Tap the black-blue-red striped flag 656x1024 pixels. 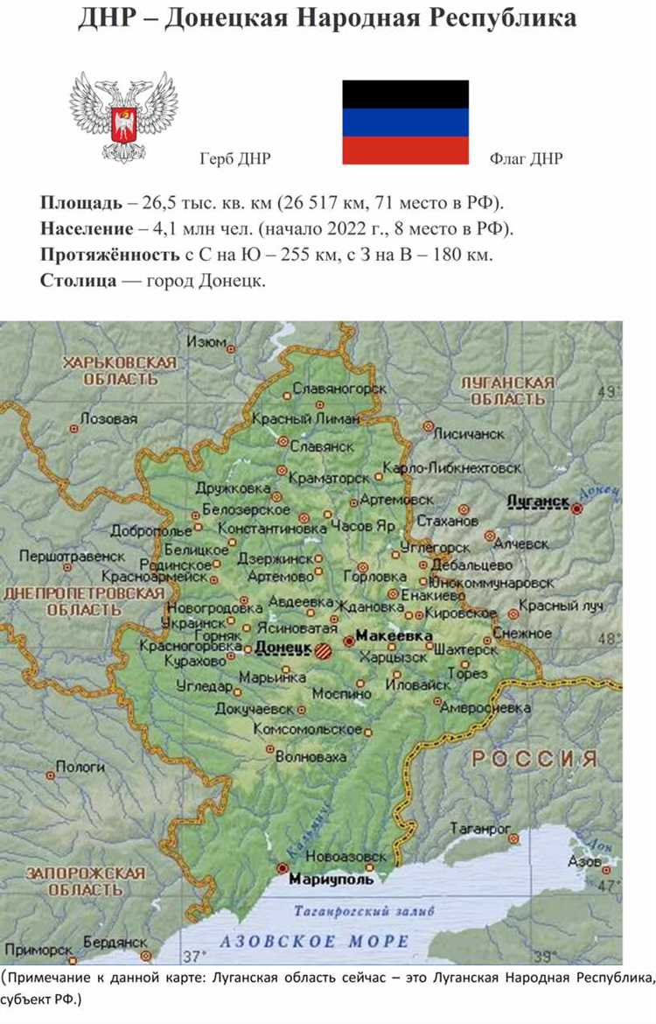[405, 122]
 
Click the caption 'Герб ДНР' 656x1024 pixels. [235, 158]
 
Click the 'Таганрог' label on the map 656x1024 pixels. [480, 827]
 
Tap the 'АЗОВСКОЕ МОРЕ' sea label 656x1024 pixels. [315, 942]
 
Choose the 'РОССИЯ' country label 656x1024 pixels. [534, 759]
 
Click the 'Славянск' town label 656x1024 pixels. [322, 445]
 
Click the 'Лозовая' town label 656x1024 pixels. [108, 419]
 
